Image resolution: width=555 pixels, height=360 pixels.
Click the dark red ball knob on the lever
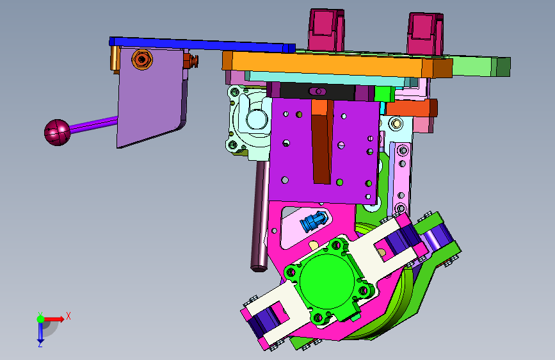click(57, 132)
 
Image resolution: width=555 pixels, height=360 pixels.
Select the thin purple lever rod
click(94, 124)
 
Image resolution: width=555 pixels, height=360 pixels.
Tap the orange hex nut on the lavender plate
click(142, 60)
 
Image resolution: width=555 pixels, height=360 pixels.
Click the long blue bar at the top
click(202, 45)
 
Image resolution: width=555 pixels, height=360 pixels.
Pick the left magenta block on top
click(326, 30)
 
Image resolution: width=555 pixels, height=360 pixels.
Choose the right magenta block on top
click(425, 34)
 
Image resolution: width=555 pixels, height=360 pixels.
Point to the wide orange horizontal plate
click(336, 65)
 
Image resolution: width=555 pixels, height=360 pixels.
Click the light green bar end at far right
click(481, 66)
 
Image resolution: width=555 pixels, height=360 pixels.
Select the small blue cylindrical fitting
click(313, 221)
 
